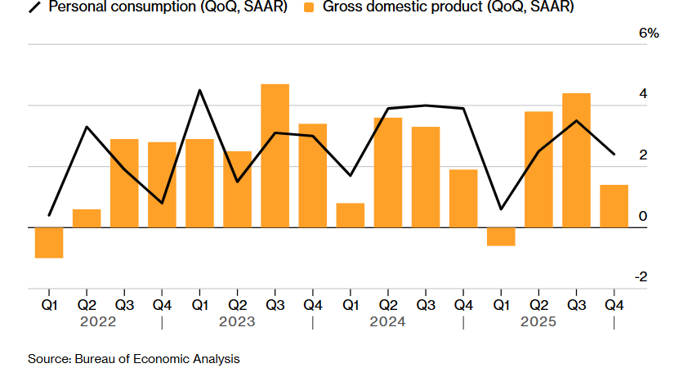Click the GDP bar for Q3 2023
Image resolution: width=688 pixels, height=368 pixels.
(275, 155)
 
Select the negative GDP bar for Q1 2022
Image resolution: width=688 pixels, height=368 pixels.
(49, 243)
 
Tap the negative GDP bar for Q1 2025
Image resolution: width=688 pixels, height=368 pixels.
(501, 236)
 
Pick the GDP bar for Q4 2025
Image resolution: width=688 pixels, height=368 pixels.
(614, 206)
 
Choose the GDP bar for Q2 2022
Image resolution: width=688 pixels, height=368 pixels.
(87, 218)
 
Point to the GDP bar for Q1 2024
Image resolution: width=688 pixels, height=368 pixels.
(350, 215)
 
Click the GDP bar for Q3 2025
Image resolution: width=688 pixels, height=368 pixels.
(576, 160)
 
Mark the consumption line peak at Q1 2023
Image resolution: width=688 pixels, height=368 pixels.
(200, 90)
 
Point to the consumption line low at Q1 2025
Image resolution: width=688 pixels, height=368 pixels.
(501, 209)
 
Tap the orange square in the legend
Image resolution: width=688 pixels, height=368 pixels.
(309, 7)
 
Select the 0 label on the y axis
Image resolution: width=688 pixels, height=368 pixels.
(643, 216)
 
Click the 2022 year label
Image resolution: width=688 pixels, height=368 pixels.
(98, 322)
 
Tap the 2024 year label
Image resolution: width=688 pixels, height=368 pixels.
(387, 322)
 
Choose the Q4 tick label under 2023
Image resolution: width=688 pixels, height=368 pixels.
(312, 305)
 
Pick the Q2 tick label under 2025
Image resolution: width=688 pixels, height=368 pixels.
(538, 305)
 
